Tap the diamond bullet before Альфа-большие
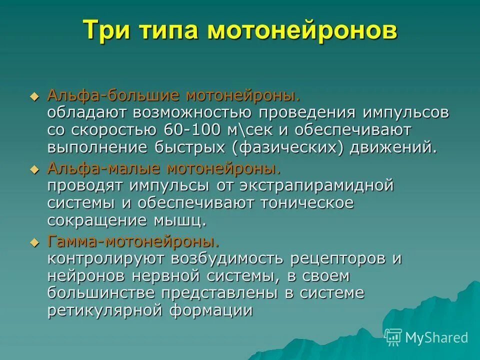34,96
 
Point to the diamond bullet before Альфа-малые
34,169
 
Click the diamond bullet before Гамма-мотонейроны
34,242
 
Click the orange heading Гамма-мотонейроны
133,241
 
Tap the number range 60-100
191,129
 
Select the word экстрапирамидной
313,185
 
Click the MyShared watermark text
436,337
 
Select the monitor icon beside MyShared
393,338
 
